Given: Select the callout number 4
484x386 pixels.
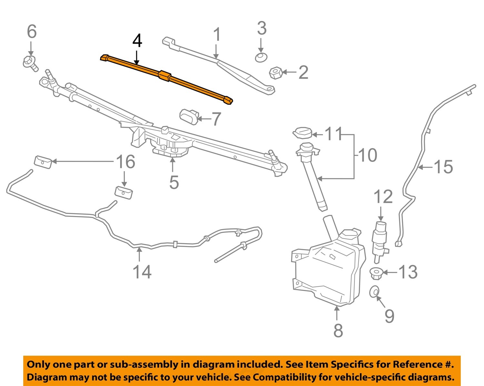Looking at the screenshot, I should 137,42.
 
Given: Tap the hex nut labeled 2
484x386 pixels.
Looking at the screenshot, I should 276,73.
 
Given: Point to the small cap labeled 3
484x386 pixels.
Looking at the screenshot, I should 261,58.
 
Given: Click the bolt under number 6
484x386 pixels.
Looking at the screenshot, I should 30,62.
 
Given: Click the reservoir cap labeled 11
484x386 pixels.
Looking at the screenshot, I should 302,133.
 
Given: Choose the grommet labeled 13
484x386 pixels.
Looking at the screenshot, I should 375,274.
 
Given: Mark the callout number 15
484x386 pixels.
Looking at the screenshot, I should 443,167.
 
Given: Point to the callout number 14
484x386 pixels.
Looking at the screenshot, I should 142,272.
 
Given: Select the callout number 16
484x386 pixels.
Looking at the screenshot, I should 126,162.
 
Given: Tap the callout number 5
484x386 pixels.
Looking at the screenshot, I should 174,182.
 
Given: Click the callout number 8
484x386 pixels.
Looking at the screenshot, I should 338,330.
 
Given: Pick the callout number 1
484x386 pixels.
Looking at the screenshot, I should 217,35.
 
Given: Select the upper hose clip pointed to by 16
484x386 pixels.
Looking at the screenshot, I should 43,162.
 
